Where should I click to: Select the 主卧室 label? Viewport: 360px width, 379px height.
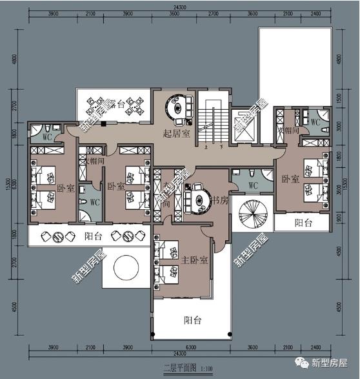(x=194, y=260)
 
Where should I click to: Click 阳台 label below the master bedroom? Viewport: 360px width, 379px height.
(x=192, y=320)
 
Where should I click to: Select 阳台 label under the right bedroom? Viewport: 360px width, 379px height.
(x=303, y=223)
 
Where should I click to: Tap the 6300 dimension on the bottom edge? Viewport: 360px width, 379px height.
(x=192, y=349)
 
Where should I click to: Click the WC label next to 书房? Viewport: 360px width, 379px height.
(x=253, y=185)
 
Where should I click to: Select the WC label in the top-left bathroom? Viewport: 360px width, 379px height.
(x=46, y=137)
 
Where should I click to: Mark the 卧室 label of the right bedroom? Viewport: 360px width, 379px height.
(x=288, y=177)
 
